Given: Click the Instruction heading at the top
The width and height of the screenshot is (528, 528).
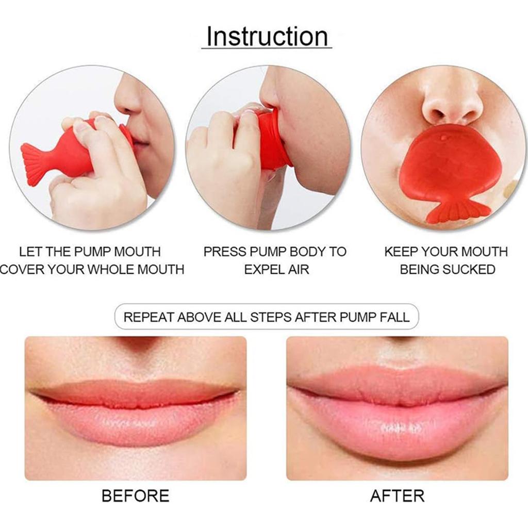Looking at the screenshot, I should tap(267, 37).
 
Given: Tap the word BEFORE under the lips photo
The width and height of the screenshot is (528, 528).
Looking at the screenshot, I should tap(135, 496).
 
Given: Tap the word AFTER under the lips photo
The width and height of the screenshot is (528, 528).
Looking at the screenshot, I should tap(397, 496).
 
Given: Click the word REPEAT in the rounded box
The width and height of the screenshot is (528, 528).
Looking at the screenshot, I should tap(148, 317).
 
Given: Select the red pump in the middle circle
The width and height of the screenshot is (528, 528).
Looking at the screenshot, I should tap(271, 140).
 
